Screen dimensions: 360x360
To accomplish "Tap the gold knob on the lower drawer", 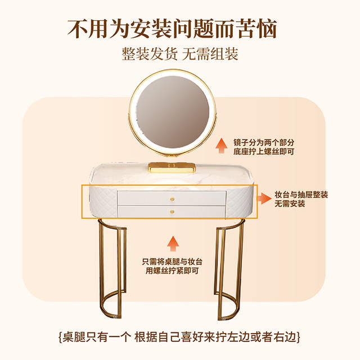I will [x=173, y=211].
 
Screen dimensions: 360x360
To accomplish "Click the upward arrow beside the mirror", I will [x=220, y=147].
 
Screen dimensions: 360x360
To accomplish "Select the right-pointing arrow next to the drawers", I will [x=262, y=198].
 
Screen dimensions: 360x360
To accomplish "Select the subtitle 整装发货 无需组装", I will [x=180, y=54].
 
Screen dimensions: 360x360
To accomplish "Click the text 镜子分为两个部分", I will [x=264, y=142].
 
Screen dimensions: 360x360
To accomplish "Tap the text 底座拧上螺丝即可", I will [x=264, y=152].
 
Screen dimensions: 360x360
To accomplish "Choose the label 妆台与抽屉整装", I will [x=301, y=194].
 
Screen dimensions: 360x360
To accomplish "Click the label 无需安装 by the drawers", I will [x=290, y=204].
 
